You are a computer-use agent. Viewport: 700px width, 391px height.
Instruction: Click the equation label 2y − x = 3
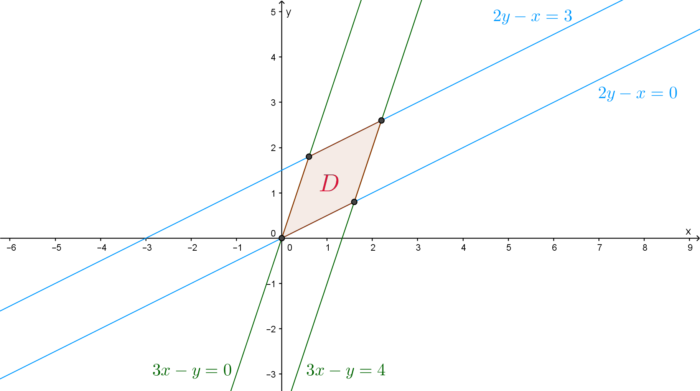(532, 16)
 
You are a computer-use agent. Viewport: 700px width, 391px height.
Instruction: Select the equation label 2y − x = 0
(637, 93)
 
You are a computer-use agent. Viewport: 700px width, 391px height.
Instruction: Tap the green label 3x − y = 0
(192, 370)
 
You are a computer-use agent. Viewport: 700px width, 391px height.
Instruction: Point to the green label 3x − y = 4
(346, 370)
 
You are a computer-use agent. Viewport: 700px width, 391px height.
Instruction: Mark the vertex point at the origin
(282, 238)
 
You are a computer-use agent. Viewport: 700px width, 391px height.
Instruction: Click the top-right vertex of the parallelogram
(381, 120)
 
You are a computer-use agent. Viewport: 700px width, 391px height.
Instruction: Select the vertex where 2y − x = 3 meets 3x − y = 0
(309, 156)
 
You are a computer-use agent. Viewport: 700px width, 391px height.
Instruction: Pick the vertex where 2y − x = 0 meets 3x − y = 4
(354, 202)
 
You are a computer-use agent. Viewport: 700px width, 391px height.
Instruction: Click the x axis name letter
(688, 232)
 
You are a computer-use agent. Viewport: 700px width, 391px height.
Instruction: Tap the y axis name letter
(288, 13)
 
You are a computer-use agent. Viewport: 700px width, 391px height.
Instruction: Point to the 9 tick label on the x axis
(690, 248)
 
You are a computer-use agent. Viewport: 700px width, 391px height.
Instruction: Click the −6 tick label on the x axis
(12, 248)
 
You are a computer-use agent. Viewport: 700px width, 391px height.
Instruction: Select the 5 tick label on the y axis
(273, 12)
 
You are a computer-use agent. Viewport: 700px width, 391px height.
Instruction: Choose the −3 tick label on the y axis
(271, 374)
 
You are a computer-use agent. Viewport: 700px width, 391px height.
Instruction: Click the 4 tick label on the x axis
(463, 248)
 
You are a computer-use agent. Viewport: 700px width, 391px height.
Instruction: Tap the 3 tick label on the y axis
(273, 103)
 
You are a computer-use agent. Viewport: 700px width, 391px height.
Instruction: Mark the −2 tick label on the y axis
(271, 329)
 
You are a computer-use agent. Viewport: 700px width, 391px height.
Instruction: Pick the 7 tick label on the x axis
(600, 248)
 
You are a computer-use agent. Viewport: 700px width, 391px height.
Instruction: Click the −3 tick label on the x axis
(147, 248)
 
